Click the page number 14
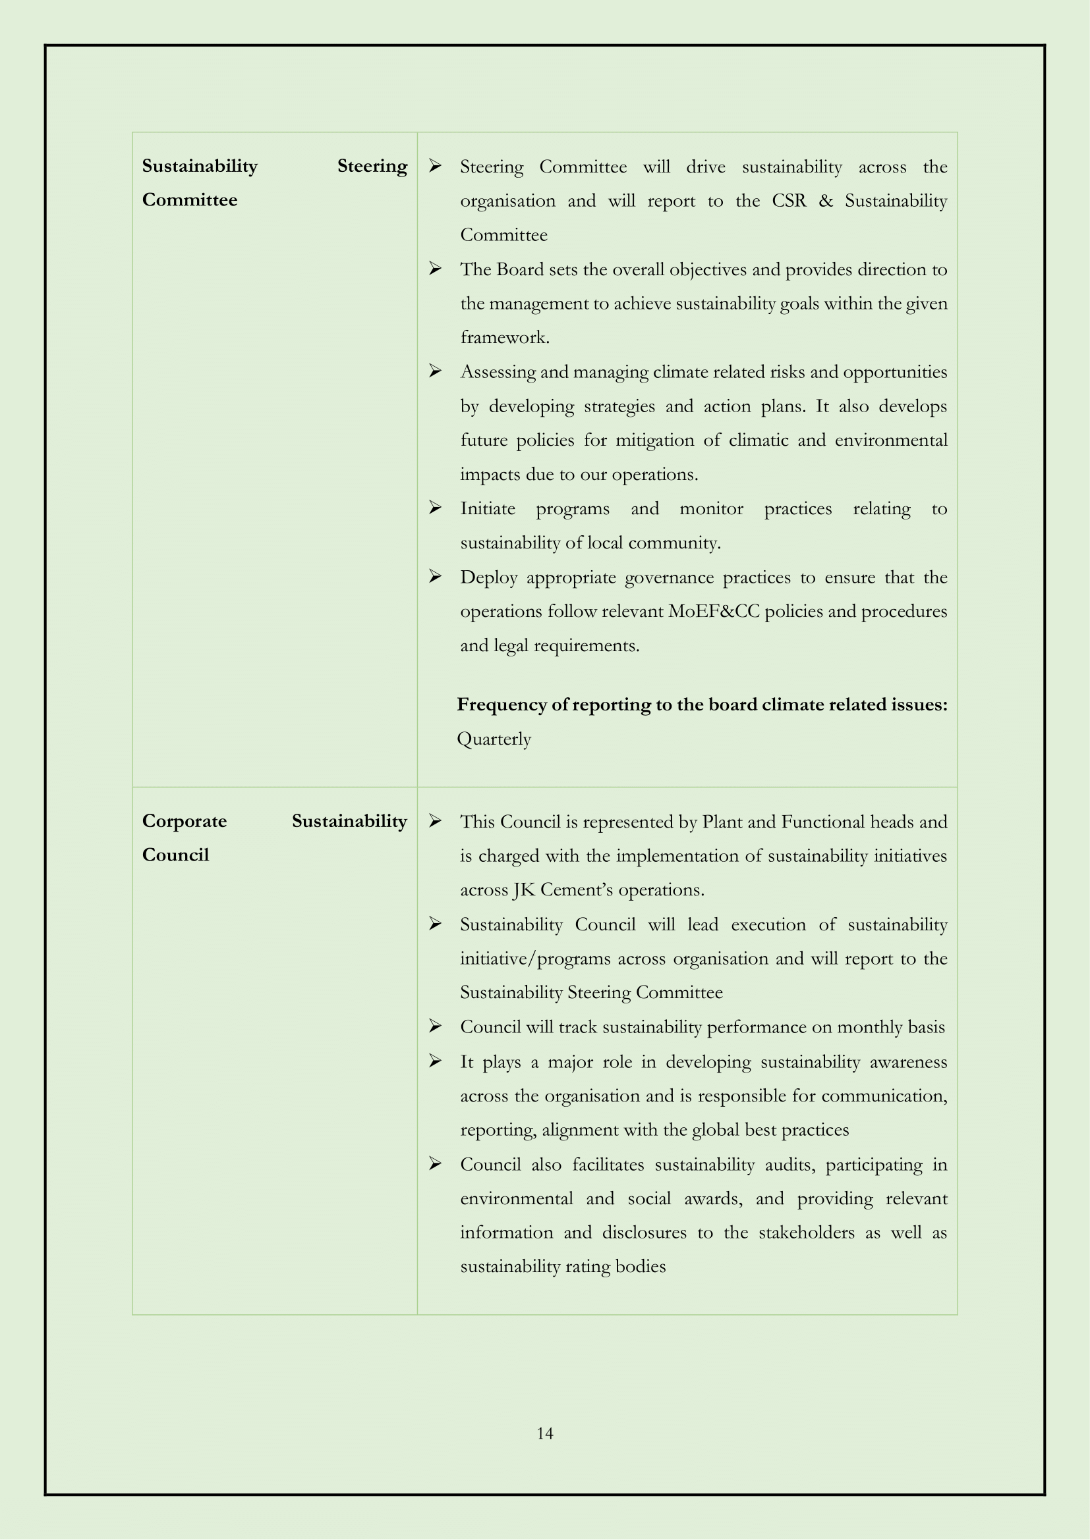point(544,1433)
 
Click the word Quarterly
point(494,739)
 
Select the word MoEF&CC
point(714,612)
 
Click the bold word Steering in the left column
point(372,167)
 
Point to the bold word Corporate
point(185,822)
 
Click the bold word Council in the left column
point(175,855)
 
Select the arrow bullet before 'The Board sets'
point(435,269)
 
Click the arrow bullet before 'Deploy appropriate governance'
point(435,577)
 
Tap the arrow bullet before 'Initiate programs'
point(435,508)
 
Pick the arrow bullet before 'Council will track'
point(435,1026)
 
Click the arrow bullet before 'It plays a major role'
point(435,1061)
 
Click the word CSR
point(789,201)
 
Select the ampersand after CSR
point(825,201)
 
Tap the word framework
point(504,337)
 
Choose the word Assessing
point(498,372)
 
